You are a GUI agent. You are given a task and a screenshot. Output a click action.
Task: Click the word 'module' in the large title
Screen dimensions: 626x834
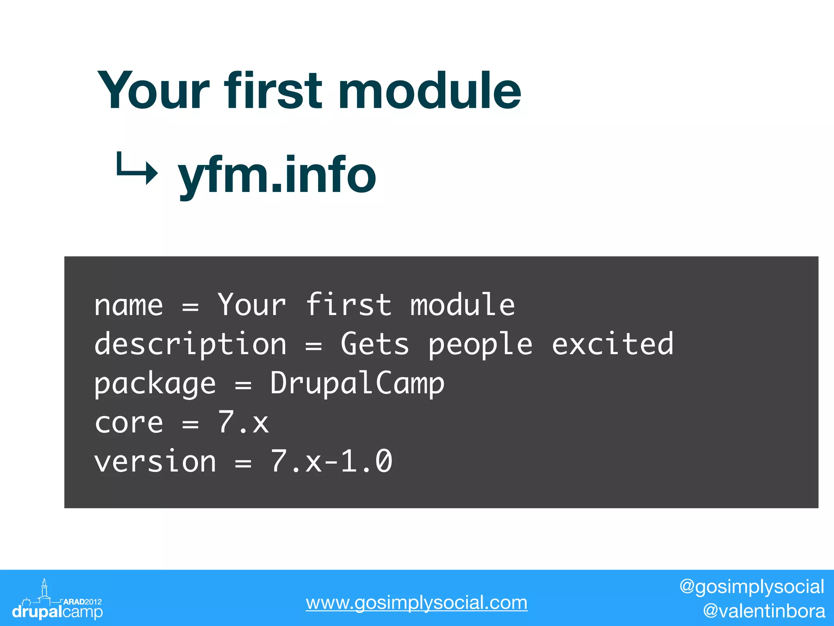(x=430, y=90)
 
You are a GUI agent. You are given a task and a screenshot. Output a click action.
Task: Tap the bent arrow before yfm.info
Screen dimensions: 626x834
(x=136, y=169)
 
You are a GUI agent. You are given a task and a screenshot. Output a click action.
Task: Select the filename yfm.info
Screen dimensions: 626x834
(x=277, y=175)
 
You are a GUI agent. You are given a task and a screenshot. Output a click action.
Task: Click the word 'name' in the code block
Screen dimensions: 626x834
(x=129, y=306)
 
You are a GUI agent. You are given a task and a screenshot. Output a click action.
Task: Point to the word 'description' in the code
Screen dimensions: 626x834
(x=190, y=345)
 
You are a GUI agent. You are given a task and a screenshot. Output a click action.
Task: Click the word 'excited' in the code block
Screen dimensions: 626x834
(x=612, y=344)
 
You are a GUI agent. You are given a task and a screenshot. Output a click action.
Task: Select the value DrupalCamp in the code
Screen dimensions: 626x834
(x=357, y=384)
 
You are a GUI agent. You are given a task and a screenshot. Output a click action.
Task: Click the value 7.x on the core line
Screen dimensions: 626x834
(x=243, y=423)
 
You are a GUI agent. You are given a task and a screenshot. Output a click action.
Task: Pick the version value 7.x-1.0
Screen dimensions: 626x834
(x=331, y=462)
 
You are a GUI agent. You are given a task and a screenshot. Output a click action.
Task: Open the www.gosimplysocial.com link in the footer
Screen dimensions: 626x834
(x=417, y=603)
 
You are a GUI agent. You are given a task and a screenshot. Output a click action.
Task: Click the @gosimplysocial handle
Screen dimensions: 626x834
(x=752, y=587)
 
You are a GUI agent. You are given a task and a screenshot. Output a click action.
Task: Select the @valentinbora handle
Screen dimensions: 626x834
(x=764, y=611)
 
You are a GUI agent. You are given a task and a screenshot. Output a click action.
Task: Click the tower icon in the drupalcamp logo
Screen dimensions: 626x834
(x=44, y=589)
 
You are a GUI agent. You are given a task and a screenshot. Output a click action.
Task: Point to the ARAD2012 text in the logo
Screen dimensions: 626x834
(x=83, y=602)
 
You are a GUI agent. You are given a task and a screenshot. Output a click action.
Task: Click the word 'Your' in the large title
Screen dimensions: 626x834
(x=154, y=90)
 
